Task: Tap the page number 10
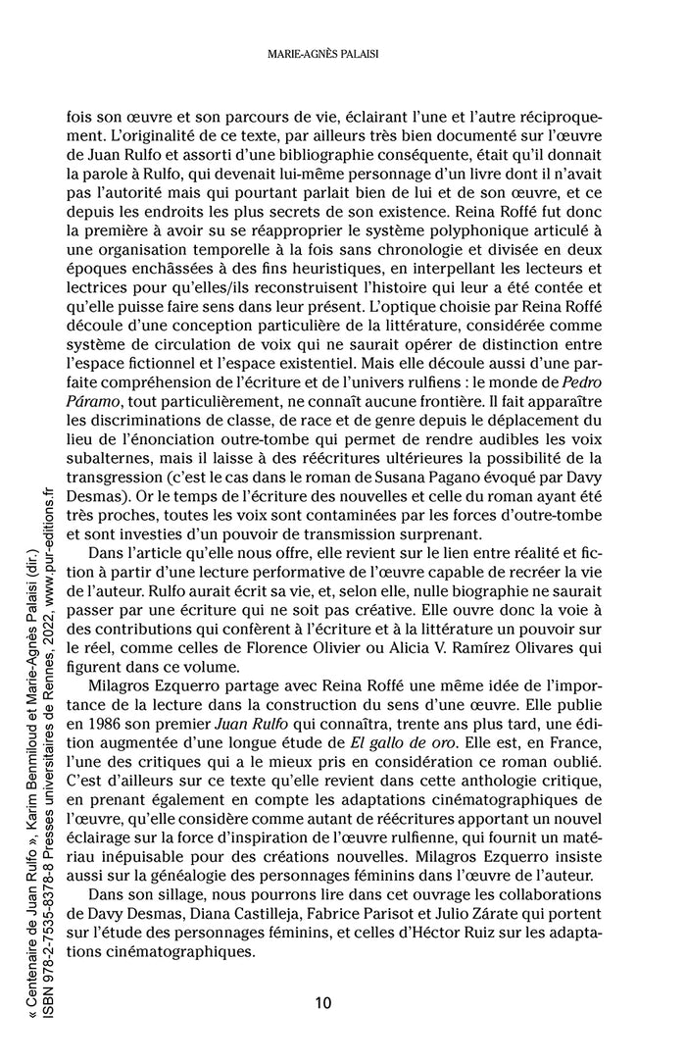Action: (x=323, y=1002)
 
